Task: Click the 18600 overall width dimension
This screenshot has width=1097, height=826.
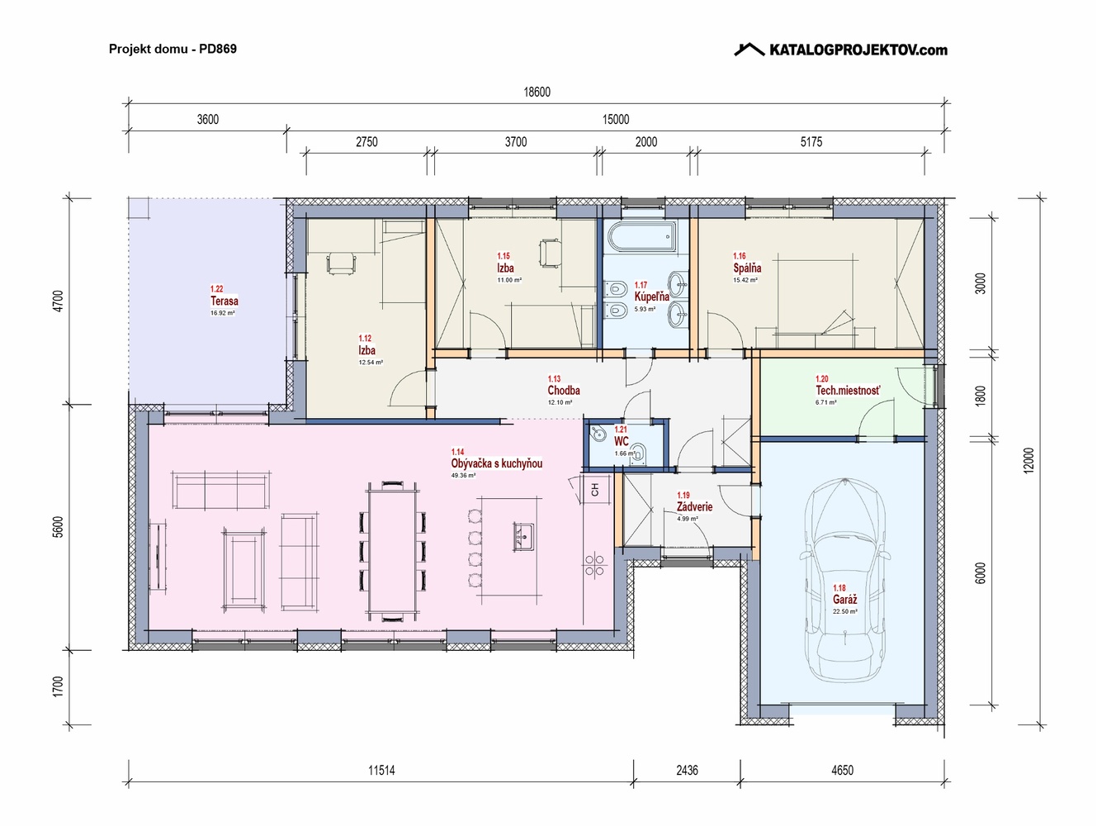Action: coord(537,92)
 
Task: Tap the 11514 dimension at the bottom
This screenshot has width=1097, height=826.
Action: coord(381,770)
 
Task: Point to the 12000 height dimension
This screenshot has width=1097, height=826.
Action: coord(1028,461)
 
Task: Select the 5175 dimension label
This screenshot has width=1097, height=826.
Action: coord(811,142)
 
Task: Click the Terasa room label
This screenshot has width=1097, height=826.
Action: coord(224,301)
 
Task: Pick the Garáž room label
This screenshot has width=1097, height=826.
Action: coord(844,600)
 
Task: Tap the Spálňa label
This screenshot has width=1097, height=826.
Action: coord(747,268)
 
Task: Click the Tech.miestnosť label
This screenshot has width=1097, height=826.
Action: coord(848,391)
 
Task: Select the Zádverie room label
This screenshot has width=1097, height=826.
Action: coord(694,506)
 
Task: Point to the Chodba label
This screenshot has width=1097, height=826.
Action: coord(563,390)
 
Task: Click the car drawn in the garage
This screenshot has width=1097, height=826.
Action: coord(845,579)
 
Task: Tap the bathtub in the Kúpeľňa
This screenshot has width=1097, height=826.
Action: coord(641,236)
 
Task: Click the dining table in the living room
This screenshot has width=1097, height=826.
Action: coord(393,551)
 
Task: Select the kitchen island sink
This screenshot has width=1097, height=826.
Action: coord(523,537)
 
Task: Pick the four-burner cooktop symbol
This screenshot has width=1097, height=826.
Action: coord(594,566)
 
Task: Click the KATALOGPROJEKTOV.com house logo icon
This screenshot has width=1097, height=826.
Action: coord(749,50)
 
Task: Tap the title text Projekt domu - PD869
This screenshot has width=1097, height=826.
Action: coord(173,49)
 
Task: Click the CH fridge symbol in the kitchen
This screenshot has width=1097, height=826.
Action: coord(595,489)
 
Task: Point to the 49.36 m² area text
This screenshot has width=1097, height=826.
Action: coord(463,476)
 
